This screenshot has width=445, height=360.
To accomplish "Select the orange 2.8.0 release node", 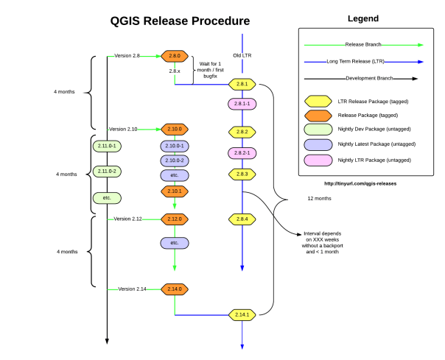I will click(x=175, y=55).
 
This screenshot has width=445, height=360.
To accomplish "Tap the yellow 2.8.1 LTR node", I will click(x=242, y=84).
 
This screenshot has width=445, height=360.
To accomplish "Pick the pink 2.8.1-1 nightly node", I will click(x=242, y=104).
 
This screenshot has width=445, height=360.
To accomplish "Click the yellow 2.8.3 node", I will click(x=242, y=174).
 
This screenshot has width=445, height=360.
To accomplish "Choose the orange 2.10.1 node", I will click(x=175, y=191).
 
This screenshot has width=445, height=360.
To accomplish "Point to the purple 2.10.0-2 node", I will click(x=175, y=160).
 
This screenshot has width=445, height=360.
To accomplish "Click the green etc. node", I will click(x=107, y=198).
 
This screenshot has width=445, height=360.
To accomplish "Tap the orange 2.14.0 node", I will click(x=175, y=289).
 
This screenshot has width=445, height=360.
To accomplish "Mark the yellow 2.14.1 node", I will click(x=242, y=315).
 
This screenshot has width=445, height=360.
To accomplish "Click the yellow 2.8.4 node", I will click(x=242, y=219).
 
